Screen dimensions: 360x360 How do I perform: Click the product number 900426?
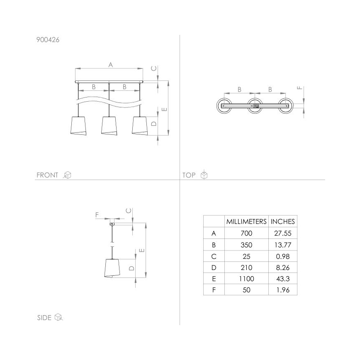[48, 40]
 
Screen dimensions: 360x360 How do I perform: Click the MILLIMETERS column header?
[246, 221]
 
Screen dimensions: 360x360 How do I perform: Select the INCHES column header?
[283, 221]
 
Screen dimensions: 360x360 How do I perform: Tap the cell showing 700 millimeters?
[246, 234]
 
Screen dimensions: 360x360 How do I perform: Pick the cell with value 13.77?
[283, 245]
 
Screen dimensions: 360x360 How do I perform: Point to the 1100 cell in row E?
[246, 279]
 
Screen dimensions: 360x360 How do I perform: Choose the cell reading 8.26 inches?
[283, 268]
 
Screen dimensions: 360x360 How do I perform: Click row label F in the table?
[214, 290]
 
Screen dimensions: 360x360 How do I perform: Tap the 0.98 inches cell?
[283, 256]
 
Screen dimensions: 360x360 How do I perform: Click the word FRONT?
[47, 175]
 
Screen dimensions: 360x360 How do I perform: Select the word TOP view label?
[189, 175]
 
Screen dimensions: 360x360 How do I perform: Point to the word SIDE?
[44, 318]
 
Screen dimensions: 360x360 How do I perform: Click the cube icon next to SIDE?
[58, 318]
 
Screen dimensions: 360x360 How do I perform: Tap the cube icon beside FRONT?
[67, 175]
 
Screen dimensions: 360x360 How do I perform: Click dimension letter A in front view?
[110, 64]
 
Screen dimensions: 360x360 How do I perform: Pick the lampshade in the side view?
[112, 268]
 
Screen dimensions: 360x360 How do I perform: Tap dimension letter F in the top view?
[300, 88]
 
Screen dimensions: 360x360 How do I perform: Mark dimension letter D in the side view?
[131, 268]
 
